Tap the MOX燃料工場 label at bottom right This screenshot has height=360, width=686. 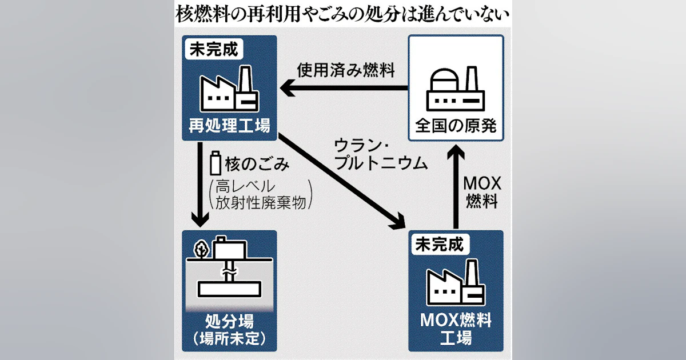456,328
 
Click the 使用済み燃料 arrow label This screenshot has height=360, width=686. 346,70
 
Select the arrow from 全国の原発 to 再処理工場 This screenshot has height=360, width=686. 343,88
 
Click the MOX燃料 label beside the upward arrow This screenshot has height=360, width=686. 481,193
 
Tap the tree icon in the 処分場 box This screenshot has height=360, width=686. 201,250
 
